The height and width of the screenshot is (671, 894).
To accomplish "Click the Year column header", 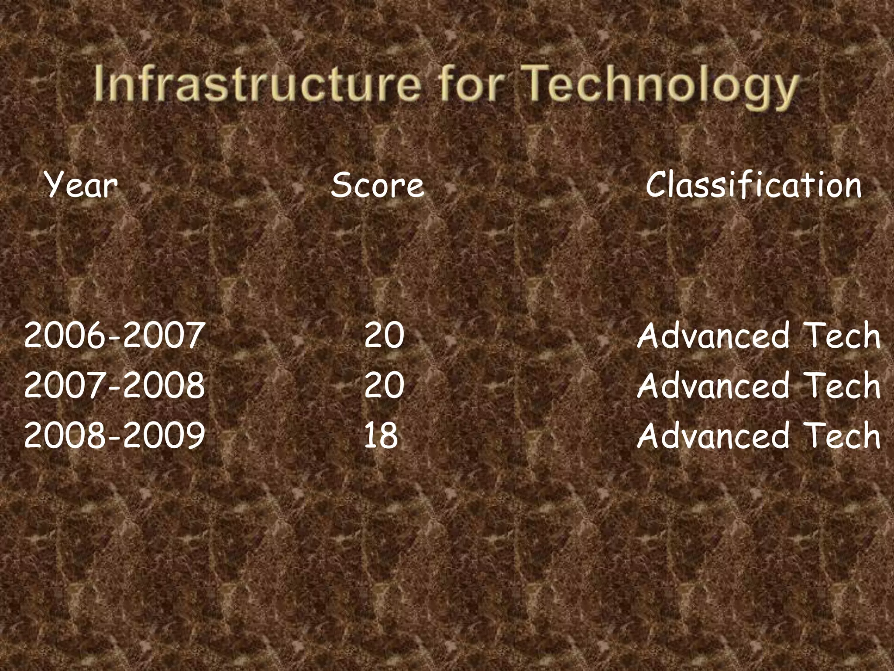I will coord(81,185).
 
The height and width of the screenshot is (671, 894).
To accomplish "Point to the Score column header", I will coord(378,185).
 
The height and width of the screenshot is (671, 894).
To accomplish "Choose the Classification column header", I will coord(754,185).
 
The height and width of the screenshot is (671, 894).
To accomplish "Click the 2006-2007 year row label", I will coord(114,335).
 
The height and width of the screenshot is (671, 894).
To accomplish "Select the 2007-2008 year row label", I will coord(114,385).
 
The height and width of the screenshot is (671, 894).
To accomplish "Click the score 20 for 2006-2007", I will coord(384,335).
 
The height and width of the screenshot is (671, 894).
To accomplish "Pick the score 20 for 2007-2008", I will coord(384,385).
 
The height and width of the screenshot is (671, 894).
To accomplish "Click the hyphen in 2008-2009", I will coord(114,437).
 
